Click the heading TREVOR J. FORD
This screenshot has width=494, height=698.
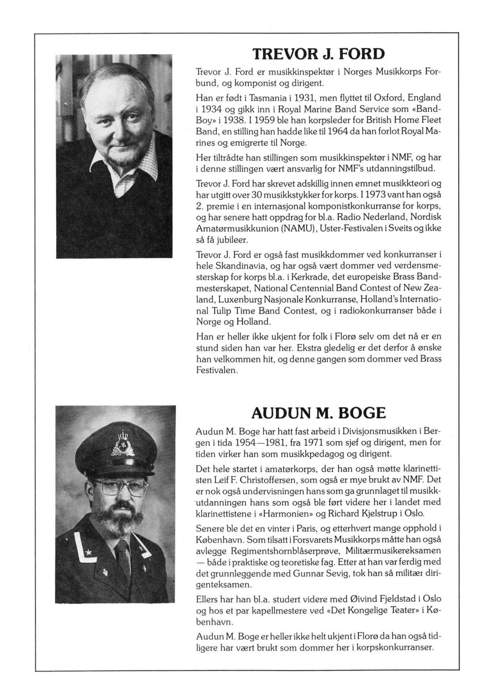click(x=319, y=54)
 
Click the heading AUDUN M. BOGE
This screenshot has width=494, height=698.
click(x=319, y=413)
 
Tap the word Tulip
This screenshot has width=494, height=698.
click(x=223, y=311)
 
